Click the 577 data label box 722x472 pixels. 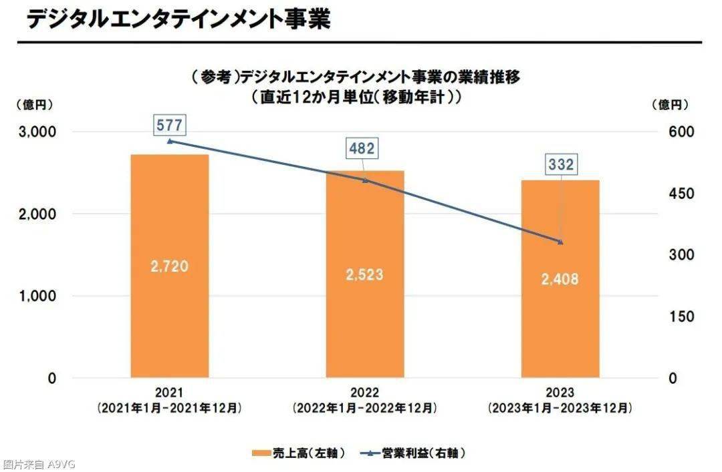coord(168,124)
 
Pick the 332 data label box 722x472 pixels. coord(560,164)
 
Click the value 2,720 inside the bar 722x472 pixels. coord(169,266)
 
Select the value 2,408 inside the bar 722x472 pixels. coord(560,279)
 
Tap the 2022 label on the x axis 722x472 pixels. coord(364,393)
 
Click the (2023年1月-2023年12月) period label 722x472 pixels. coord(560,407)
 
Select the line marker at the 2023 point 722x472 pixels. coord(560,242)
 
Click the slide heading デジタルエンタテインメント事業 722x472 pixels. coord(178,19)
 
